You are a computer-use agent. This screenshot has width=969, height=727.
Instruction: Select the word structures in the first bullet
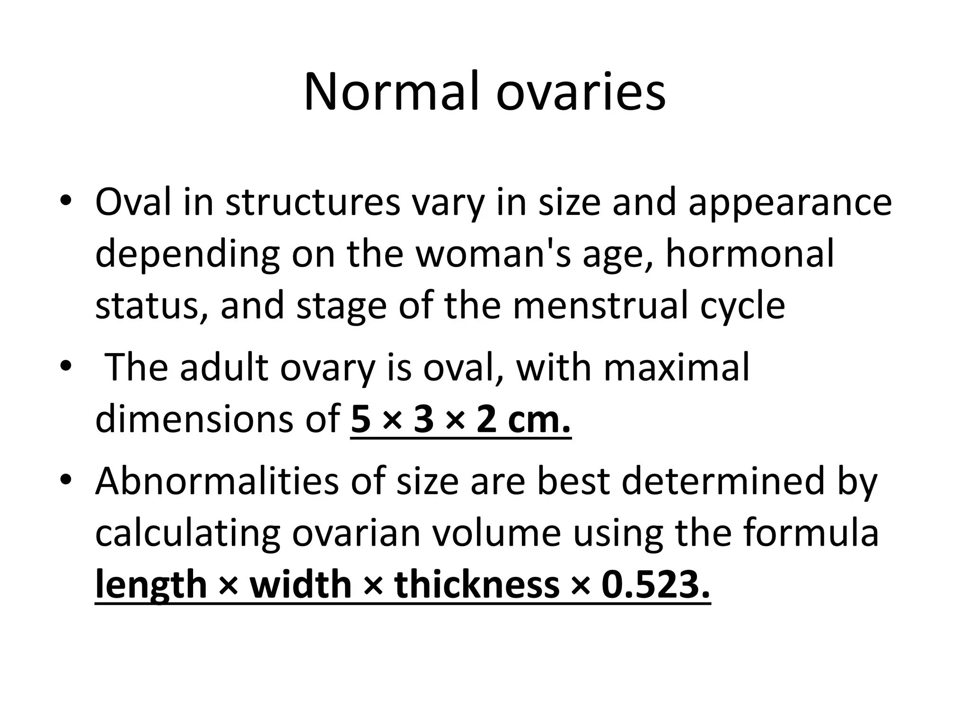pos(313,203)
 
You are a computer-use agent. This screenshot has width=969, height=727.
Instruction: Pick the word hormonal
pos(750,254)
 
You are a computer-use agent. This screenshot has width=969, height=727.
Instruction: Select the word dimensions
pos(194,419)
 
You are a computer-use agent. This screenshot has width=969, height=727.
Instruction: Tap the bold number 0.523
pos(656,585)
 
